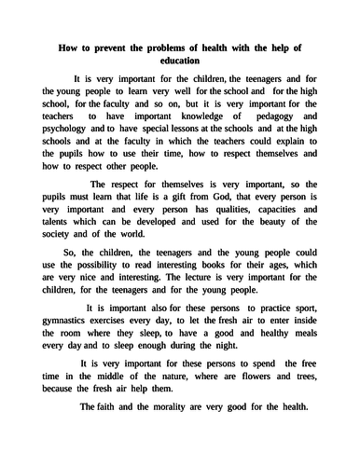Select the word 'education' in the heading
179,61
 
